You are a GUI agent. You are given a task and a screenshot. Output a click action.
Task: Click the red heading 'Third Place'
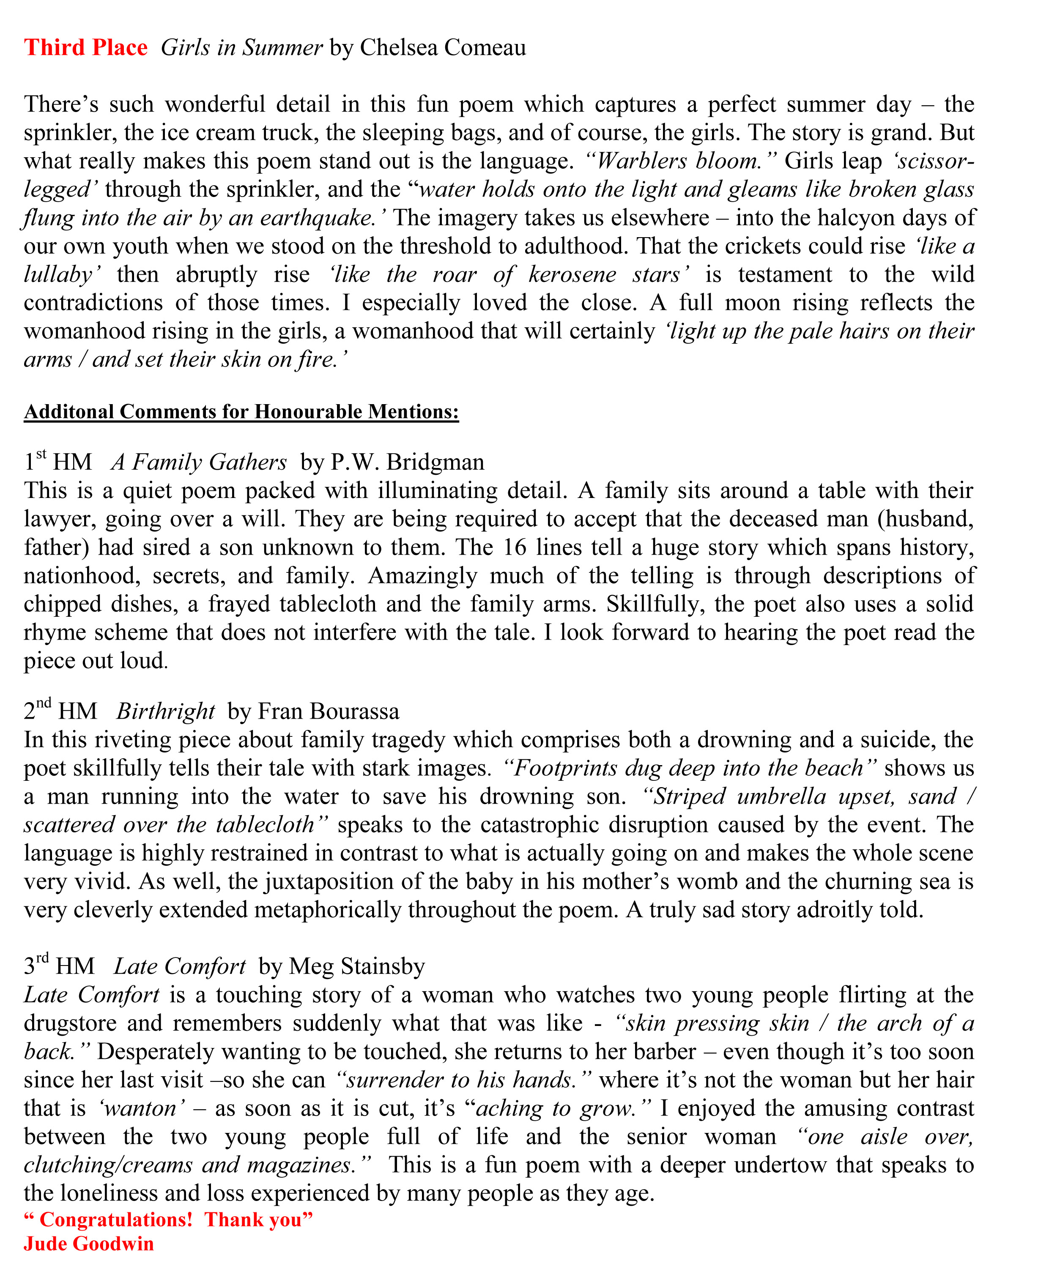point(85,47)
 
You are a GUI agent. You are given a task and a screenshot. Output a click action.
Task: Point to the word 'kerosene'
point(572,274)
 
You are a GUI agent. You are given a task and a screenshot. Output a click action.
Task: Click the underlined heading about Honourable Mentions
point(241,412)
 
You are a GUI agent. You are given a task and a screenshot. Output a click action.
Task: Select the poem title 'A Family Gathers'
point(199,462)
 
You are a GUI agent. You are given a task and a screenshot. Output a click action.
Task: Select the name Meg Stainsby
point(357,966)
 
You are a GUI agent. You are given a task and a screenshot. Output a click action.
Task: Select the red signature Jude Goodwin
point(88,1244)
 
